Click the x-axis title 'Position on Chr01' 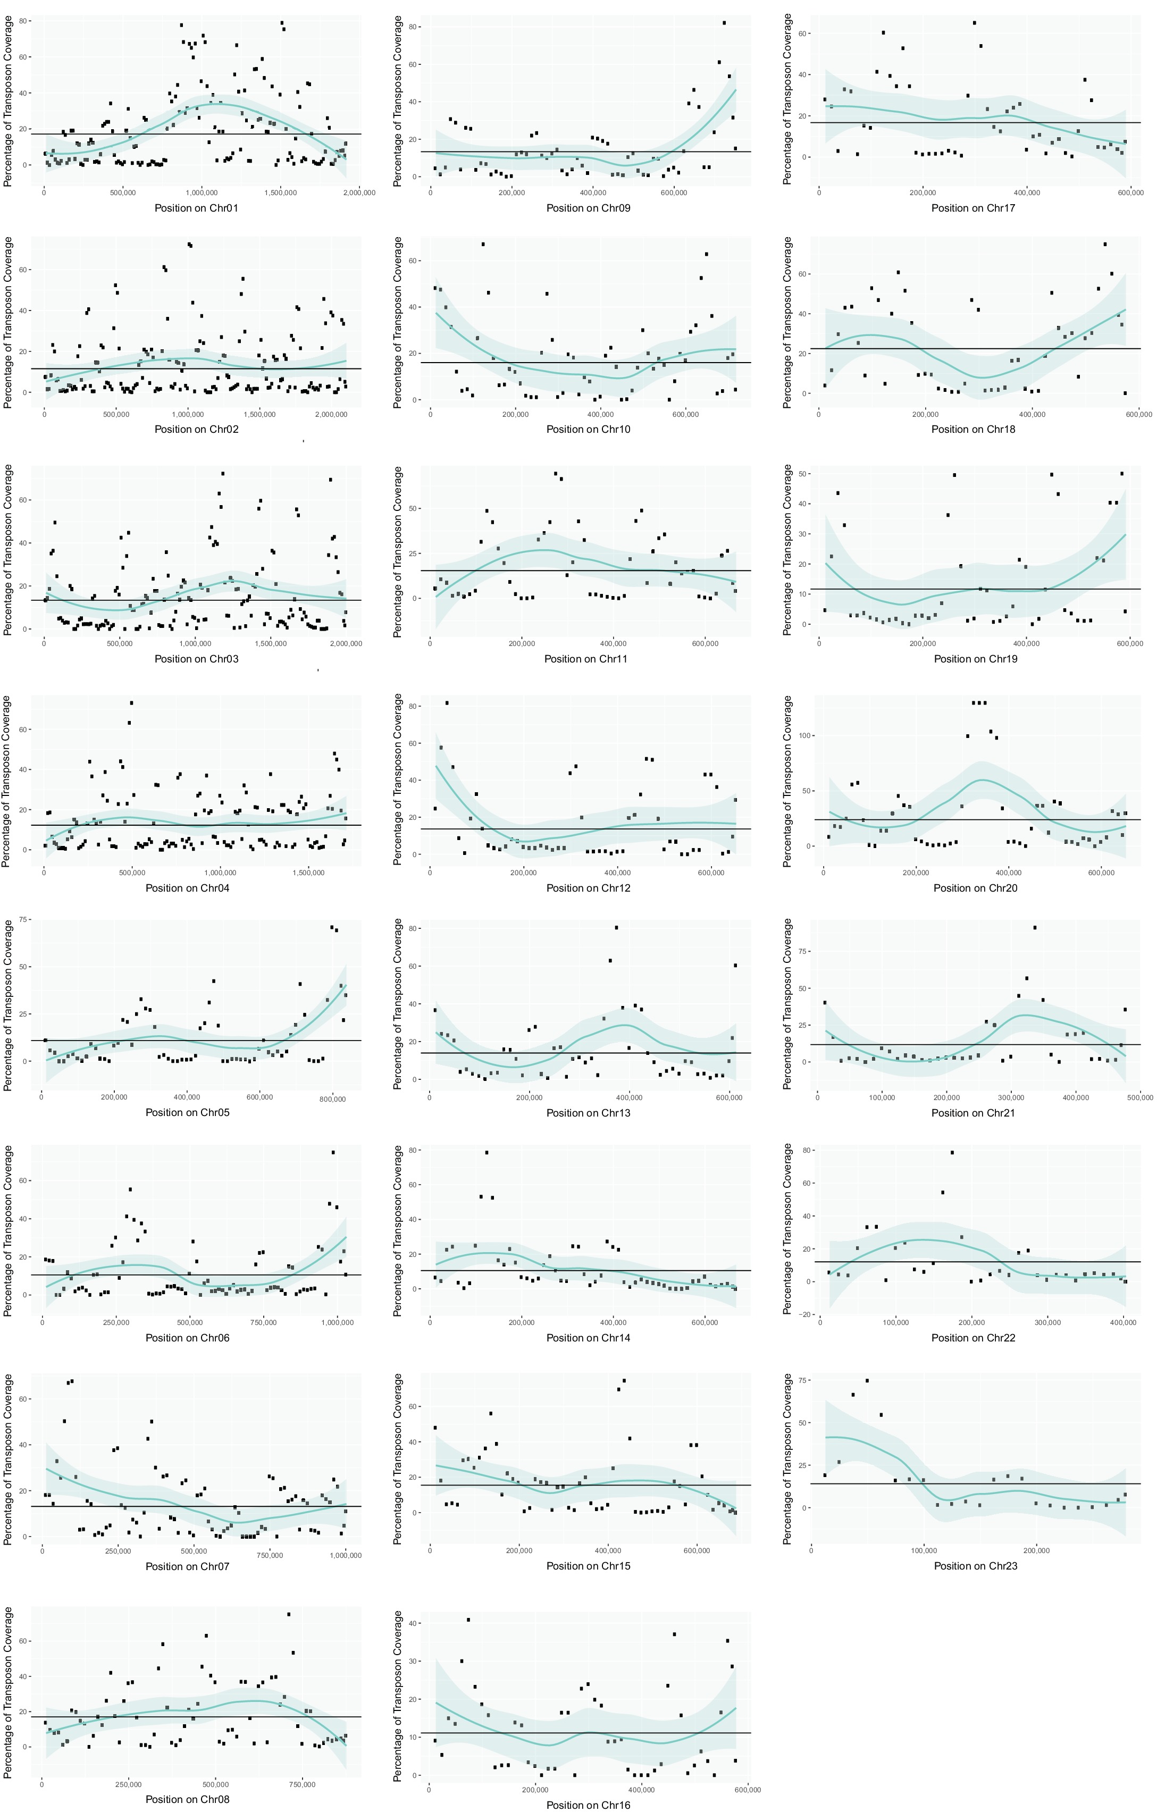196,208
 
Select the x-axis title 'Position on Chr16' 588,1805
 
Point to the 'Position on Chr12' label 588,888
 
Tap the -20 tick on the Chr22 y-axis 807,1314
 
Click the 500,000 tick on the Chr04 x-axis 132,873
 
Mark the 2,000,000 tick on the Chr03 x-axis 346,643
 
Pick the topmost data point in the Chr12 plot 447,703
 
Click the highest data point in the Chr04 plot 132,703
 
